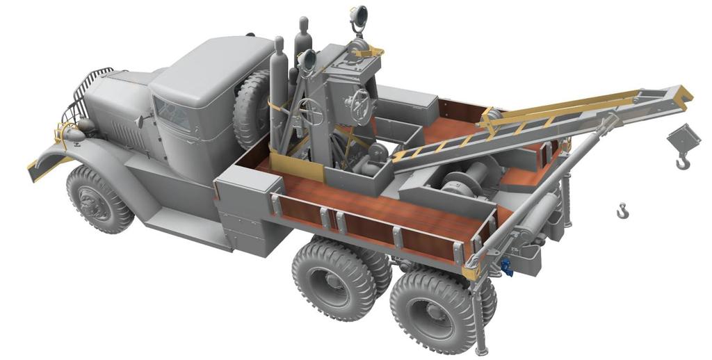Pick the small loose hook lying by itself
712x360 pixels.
[622, 210]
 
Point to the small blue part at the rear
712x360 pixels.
[506, 267]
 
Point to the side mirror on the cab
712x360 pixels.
[139, 121]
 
